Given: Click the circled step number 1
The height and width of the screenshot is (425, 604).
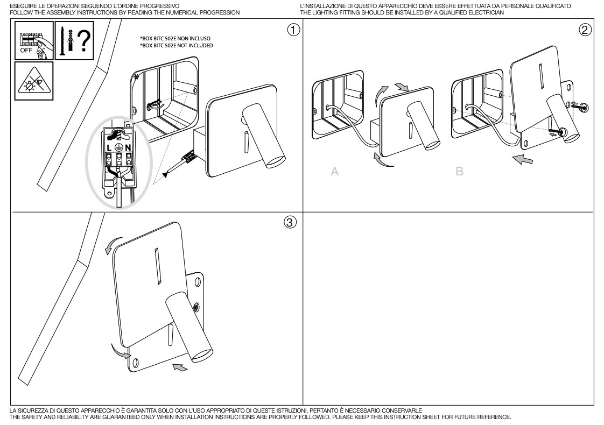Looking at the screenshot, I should [293, 30].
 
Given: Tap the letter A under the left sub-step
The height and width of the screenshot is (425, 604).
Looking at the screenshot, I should [334, 172].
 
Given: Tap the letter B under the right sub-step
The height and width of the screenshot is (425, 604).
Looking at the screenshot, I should [459, 172].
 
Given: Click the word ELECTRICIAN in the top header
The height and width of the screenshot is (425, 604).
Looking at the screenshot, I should [488, 12].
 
